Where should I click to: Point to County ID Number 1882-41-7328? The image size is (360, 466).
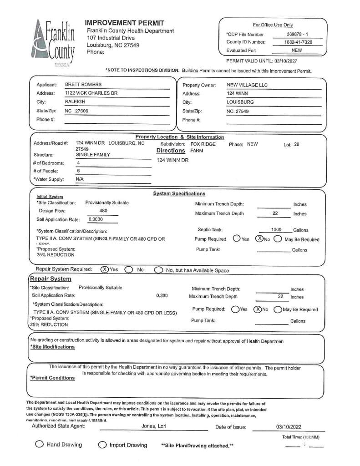[x=298, y=42]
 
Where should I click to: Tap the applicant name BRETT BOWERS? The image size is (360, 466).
[x=83, y=85]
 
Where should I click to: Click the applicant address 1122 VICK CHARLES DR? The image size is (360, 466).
[x=91, y=93]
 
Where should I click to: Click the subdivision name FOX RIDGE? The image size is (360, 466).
[x=203, y=144]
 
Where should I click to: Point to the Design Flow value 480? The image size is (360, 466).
[x=103, y=211]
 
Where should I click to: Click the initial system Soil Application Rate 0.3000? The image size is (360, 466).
[x=96, y=219]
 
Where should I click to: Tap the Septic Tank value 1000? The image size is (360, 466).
[x=276, y=230]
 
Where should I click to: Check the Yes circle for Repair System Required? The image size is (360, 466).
[x=104, y=269]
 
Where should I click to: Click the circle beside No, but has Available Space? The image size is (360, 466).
[x=158, y=270]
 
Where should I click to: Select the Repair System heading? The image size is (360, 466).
[x=51, y=279]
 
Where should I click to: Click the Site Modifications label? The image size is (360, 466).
[x=52, y=347]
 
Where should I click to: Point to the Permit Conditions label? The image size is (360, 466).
[x=52, y=378]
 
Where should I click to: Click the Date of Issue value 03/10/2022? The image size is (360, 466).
[x=289, y=427]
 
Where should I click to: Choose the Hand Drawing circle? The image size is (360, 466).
[x=40, y=445]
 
